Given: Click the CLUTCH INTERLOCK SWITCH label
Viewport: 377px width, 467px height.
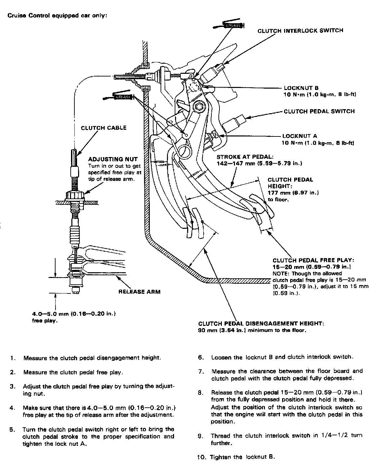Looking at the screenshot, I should tap(300, 31).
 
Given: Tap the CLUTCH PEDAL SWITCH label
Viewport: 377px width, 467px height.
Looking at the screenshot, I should tap(319, 111).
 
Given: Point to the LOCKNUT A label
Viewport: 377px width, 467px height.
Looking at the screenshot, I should tap(300, 136).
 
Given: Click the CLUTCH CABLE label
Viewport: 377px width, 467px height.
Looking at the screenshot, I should tap(104, 128).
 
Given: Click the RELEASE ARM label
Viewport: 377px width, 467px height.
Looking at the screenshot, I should tap(139, 291).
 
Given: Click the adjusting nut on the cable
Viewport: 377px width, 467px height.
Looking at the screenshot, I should tap(76, 195).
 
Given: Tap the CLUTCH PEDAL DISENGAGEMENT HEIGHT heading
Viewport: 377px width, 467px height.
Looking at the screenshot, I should tap(261, 323).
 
